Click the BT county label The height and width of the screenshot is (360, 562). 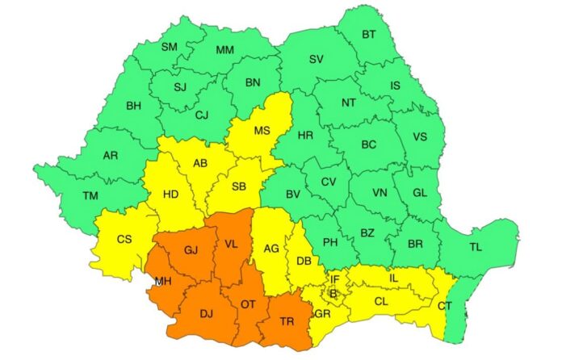(368, 34)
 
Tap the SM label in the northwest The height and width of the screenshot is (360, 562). (169, 47)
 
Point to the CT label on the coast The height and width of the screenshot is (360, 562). (445, 306)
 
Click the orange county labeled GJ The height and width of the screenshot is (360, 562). (191, 250)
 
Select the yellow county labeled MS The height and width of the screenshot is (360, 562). (262, 130)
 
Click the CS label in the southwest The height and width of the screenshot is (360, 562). (124, 239)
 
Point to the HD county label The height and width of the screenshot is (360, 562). (172, 195)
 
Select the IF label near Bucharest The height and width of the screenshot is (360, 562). (336, 278)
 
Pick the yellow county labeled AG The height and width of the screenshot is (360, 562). (271, 249)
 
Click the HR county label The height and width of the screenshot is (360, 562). (305, 135)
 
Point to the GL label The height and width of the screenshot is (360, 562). (419, 194)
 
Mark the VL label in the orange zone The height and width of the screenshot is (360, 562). (232, 243)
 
